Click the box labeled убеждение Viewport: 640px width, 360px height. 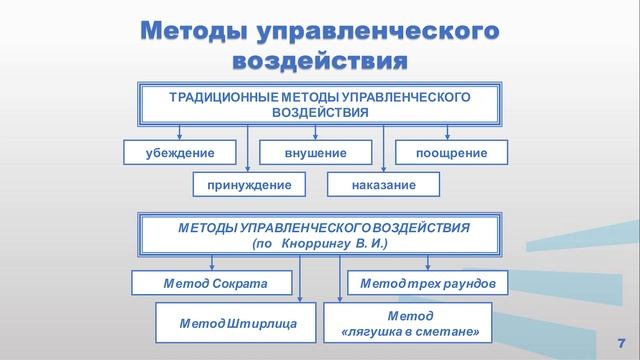point(180,153)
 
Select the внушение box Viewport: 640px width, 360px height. point(316,153)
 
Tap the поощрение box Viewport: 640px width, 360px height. point(452,153)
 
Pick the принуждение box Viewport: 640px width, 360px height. point(248,186)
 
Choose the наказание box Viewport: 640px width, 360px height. point(384,186)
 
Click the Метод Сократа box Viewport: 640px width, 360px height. point(215,284)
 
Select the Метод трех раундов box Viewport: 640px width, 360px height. point(427,284)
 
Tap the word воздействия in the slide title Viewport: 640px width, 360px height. point(320,61)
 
